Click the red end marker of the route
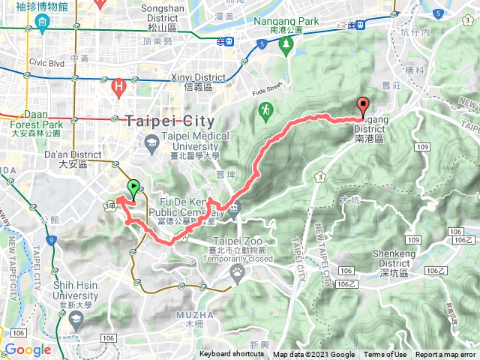(363, 106)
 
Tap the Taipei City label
(170, 121)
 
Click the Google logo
(28, 349)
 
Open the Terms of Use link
(385, 355)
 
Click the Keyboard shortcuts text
(232, 355)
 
